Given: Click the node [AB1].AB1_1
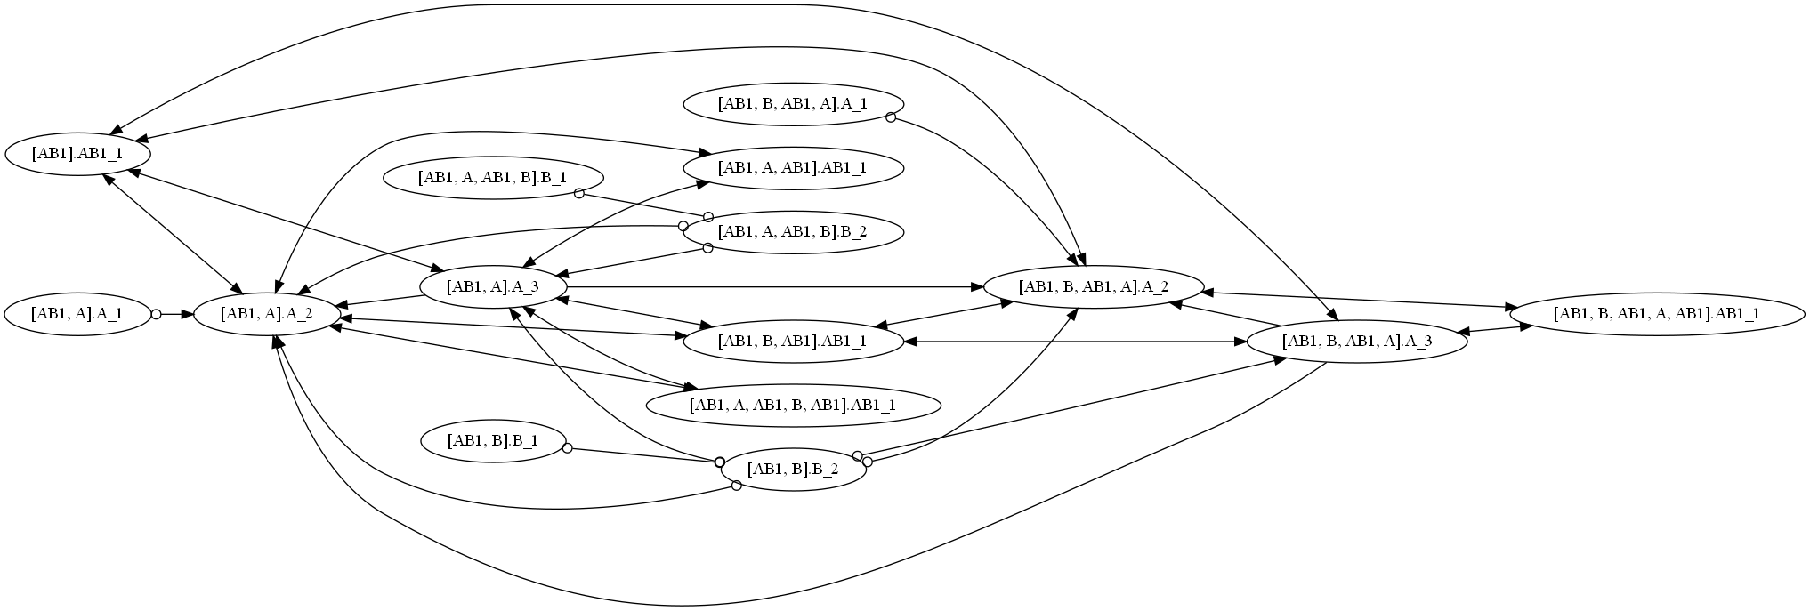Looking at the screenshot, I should point(77,154).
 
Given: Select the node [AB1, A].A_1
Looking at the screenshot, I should point(77,314).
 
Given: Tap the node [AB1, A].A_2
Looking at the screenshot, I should point(266,314).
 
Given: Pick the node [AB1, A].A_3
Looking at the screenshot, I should point(492,287).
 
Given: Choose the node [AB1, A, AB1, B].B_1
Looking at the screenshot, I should point(492,178).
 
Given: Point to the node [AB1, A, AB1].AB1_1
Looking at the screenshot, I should point(793,167).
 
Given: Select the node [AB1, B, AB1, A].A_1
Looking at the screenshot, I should point(793,104).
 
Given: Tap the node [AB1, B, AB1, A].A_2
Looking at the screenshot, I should point(1094,287).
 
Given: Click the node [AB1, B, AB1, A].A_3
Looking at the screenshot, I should point(1357,342).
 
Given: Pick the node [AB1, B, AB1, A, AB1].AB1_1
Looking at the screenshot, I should point(1657,314).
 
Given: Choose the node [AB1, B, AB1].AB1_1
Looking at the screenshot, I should point(793,342).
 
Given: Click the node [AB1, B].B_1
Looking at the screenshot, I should point(492,441).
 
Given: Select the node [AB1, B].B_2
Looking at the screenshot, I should point(793,470).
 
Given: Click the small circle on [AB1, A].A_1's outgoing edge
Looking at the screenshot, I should point(156,314).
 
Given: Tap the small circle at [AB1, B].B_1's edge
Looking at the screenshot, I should point(567,448).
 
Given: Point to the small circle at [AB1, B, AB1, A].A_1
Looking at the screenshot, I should point(891,117).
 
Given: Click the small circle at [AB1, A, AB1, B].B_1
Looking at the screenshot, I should point(579,193).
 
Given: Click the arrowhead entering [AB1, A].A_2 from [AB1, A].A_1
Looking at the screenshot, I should point(187,314).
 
